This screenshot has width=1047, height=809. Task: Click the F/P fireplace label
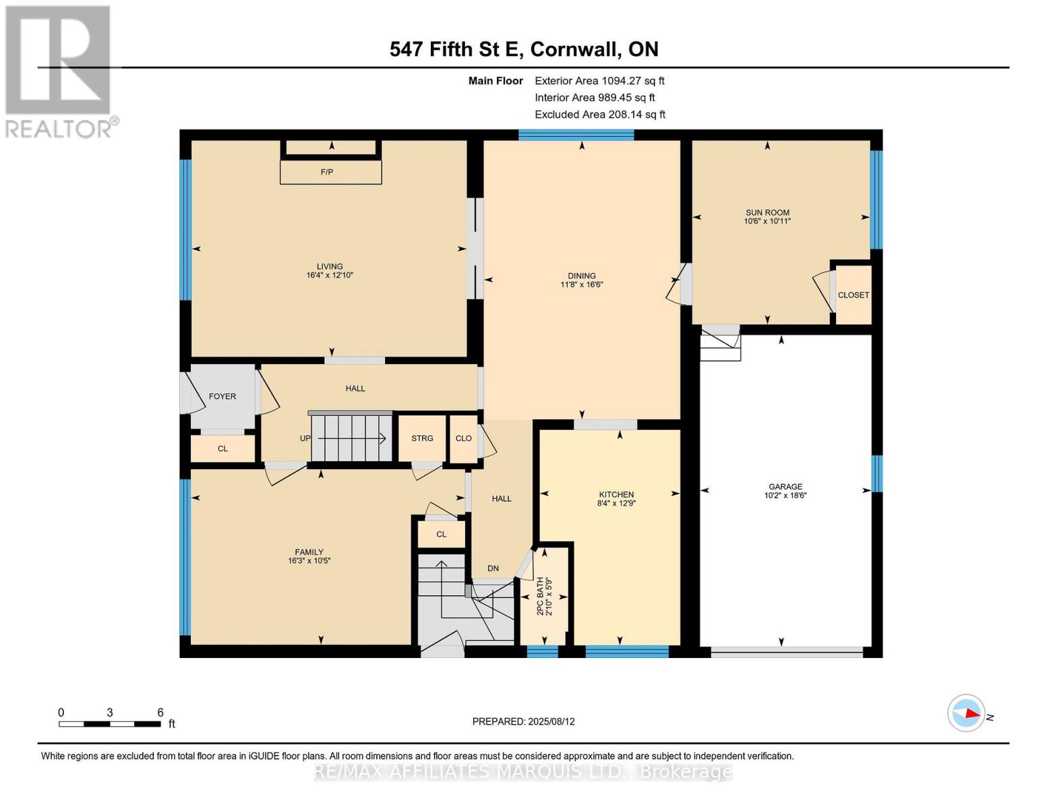327,172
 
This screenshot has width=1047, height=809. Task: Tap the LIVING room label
330,266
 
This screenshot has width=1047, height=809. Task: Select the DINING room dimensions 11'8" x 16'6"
581,284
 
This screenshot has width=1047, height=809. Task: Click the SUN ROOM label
767,212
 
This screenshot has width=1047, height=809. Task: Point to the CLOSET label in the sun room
853,295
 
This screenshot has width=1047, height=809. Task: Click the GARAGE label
785,487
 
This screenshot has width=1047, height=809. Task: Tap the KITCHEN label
616,494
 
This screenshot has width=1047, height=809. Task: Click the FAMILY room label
309,552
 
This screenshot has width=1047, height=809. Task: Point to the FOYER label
222,396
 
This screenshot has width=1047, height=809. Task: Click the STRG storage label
422,438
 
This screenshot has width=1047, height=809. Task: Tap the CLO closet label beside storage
463,438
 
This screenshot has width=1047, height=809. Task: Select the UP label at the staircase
305,438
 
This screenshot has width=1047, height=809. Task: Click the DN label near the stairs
493,568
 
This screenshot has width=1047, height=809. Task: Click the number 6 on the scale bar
160,712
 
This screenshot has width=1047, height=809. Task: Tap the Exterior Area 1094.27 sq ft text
599,81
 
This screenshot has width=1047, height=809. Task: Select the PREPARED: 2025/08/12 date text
523,721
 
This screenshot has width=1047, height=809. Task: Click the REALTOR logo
59,71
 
